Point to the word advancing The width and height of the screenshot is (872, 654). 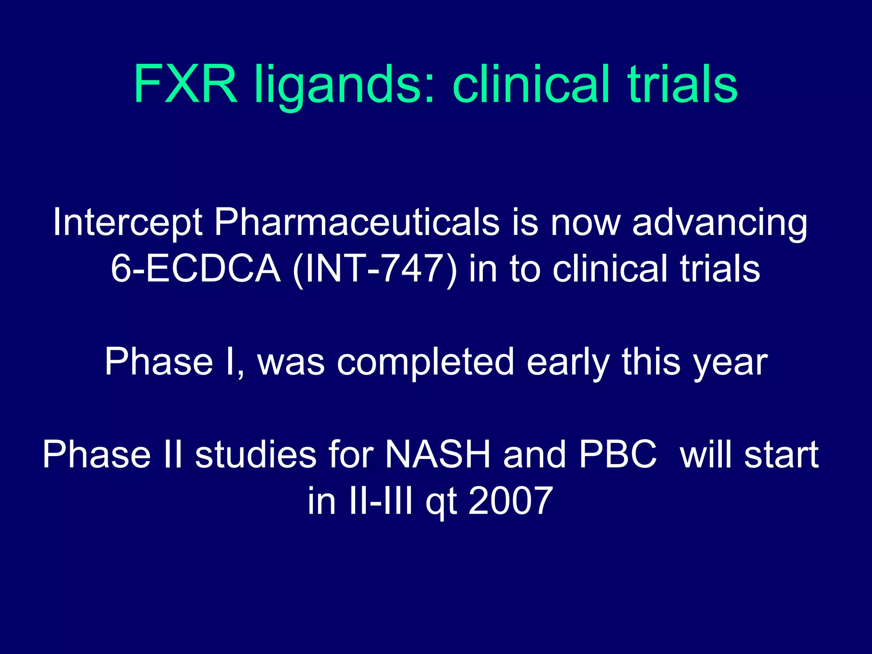pyautogui.click(x=720, y=223)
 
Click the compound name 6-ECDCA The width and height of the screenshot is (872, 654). pyautogui.click(x=195, y=269)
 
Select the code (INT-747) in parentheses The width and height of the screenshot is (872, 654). pyautogui.click(x=375, y=269)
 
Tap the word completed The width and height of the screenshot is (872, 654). pyautogui.click(x=425, y=362)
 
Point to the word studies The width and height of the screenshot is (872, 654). pyautogui.click(x=255, y=454)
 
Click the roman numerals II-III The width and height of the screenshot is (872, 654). pyautogui.click(x=380, y=501)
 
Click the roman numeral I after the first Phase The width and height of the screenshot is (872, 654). pyautogui.click(x=230, y=361)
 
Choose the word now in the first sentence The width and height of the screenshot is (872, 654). pyautogui.click(x=585, y=223)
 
